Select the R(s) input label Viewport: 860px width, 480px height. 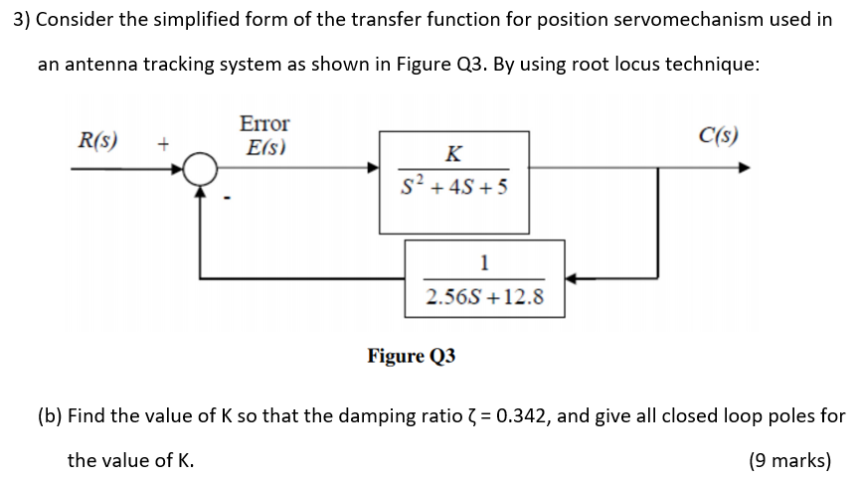coord(98,138)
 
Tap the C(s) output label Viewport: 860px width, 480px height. coord(719,135)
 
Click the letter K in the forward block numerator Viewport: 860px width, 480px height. coord(453,153)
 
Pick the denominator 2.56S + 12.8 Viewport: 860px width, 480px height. coord(484,296)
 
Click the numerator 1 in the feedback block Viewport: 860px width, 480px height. coord(484,263)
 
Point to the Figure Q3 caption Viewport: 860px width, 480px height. coord(412,356)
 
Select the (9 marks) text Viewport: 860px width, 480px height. coord(789,460)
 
